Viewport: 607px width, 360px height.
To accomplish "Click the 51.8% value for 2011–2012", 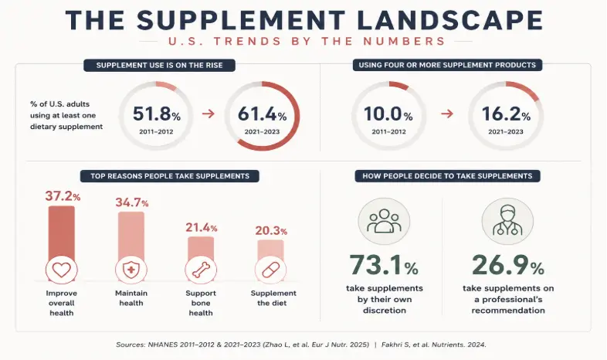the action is [x=157, y=114].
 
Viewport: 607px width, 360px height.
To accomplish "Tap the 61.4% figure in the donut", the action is [x=262, y=114].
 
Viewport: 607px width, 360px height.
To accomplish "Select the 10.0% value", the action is [x=388, y=114].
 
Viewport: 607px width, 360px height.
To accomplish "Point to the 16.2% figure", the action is [x=506, y=114].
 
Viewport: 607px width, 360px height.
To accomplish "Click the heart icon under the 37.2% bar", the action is [x=62, y=270].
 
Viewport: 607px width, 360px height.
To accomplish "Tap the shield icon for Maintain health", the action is [x=131, y=270].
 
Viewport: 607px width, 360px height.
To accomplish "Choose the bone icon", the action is [x=201, y=270].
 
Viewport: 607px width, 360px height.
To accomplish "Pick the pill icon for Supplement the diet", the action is [x=270, y=270].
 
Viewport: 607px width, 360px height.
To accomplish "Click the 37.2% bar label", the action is [x=63, y=196].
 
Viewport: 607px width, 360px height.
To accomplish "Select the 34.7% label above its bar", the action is [x=132, y=202].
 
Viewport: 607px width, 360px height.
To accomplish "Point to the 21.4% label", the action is [x=202, y=227].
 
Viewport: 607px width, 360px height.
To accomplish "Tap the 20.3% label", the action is [x=271, y=231].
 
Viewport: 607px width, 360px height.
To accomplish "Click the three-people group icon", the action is [x=384, y=221].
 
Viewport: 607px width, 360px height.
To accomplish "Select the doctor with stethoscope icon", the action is [x=507, y=221].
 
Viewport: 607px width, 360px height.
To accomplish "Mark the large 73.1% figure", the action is [x=384, y=265].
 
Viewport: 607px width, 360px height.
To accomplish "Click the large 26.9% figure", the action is [x=508, y=265].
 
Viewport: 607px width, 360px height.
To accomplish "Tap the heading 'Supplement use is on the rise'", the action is [x=160, y=65].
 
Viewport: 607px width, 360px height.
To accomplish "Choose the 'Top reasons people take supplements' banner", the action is [x=170, y=176].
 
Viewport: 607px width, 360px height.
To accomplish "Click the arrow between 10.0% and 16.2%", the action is [x=447, y=114].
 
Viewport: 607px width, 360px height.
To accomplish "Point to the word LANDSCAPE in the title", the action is [x=449, y=20].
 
